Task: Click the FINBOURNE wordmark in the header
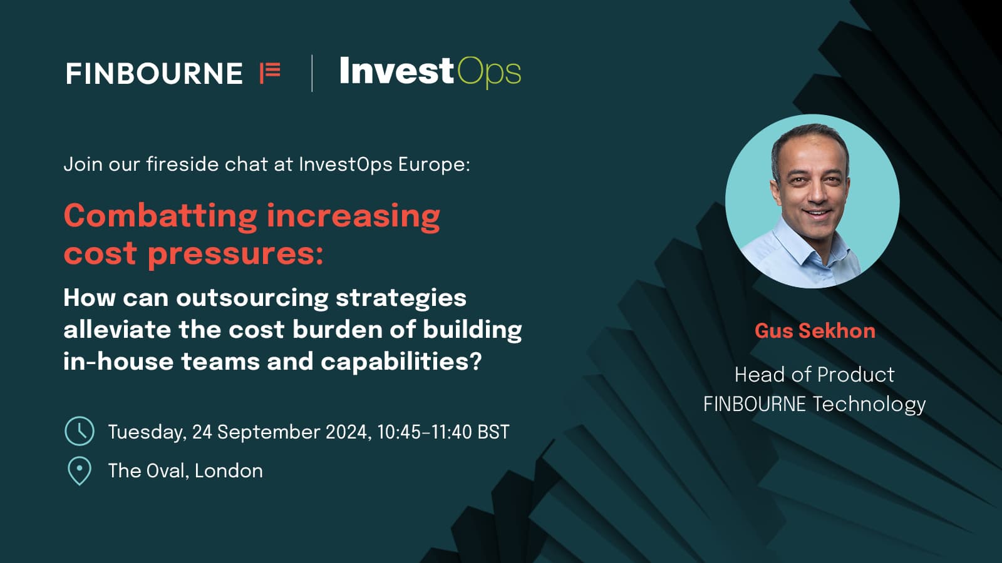pos(154,74)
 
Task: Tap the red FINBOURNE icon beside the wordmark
pos(270,73)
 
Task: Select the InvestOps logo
pos(430,73)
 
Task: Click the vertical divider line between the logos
pos(312,73)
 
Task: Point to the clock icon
pos(80,431)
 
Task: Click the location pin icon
pos(80,471)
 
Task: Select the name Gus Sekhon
pos(815,331)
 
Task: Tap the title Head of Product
pos(815,375)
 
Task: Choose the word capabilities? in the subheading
pos(401,362)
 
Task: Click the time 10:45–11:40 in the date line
pos(424,432)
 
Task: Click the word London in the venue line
pos(229,471)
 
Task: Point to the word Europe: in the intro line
pos(434,165)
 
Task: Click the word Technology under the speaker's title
pos(869,404)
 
